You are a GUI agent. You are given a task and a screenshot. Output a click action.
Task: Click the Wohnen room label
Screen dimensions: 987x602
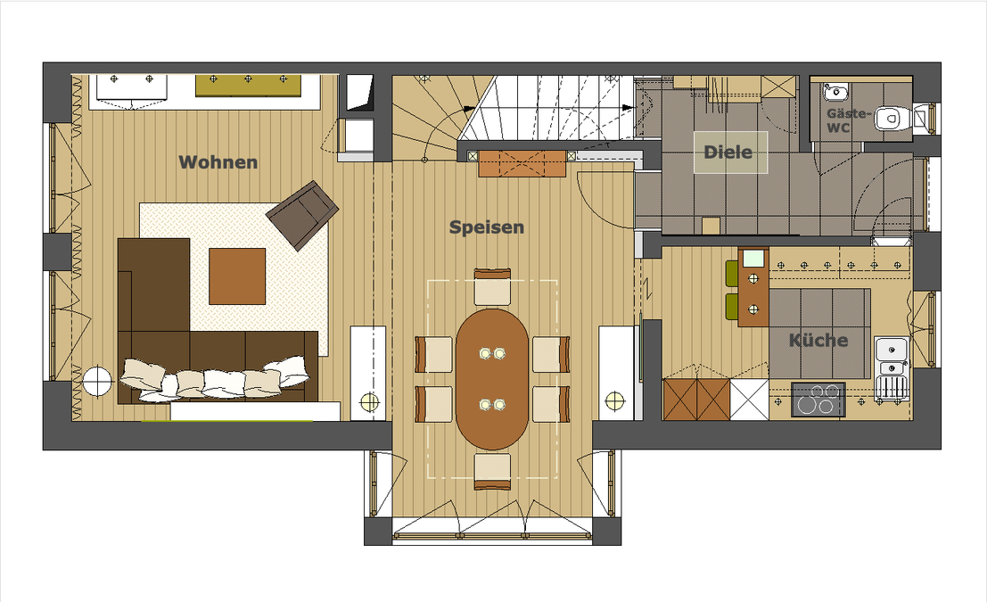[218, 162]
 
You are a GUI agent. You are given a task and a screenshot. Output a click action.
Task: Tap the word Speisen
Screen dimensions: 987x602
[487, 227]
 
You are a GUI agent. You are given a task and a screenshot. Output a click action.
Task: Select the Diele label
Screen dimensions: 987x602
[728, 152]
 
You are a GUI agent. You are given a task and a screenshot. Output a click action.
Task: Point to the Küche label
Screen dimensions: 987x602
[818, 340]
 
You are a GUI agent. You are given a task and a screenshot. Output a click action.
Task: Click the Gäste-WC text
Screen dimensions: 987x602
[849, 120]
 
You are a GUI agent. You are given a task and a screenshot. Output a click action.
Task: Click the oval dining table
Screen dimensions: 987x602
[492, 379]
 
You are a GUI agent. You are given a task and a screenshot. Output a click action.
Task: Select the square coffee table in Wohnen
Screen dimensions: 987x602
[237, 276]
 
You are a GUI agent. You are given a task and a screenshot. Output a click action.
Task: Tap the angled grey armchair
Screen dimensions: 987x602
[302, 214]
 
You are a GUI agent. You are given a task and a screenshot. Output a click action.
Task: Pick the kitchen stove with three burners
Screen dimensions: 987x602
[818, 400]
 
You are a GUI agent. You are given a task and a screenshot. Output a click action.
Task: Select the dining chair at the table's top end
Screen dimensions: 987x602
[492, 287]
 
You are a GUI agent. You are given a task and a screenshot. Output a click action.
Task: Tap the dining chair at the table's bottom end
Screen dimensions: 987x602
[492, 471]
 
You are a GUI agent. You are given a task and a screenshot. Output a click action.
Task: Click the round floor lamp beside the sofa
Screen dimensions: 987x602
[97, 382]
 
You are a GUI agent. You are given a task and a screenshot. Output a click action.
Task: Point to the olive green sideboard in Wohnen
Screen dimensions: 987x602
[248, 85]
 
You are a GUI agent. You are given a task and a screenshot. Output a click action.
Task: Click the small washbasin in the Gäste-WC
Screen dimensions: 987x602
[835, 92]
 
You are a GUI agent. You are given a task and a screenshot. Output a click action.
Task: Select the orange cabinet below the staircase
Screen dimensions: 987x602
[522, 163]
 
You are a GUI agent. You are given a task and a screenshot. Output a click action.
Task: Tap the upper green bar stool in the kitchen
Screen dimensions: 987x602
[731, 273]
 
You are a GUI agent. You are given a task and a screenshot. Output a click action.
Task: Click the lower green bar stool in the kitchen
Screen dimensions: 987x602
[731, 307]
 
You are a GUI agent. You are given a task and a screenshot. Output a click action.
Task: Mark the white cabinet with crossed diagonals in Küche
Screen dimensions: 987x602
[749, 400]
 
